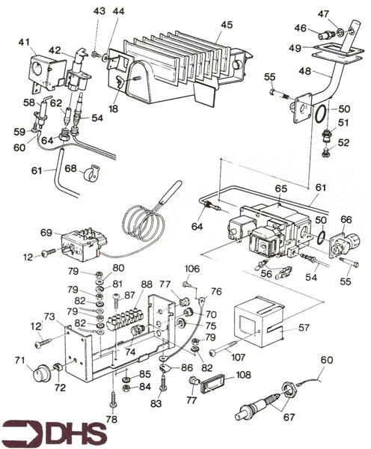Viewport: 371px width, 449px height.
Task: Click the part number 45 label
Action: [227, 25]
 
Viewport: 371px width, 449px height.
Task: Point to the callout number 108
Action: [243, 375]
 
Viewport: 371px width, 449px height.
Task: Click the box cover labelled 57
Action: [259, 321]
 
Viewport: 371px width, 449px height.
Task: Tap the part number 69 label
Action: [46, 232]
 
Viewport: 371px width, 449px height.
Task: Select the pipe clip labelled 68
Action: [91, 173]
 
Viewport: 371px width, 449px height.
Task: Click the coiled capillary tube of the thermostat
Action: [143, 223]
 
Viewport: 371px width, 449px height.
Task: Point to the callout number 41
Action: [24, 43]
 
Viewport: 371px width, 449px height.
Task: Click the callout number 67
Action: [289, 417]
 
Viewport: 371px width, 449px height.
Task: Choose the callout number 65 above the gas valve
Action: [280, 189]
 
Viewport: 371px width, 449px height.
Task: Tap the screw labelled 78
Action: [113, 401]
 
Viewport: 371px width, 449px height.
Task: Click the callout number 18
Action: [114, 109]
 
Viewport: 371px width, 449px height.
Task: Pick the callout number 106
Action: [191, 269]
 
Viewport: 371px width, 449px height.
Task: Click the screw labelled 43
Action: [95, 54]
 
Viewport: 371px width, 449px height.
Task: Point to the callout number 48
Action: [304, 71]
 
